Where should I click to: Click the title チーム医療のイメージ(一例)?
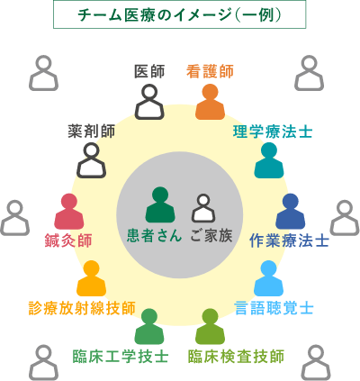(179, 14)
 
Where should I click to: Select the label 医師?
(149, 72)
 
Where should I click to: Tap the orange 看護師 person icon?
(210, 102)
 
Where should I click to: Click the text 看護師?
(210, 72)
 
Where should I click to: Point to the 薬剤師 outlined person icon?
(92, 160)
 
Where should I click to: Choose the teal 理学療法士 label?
(273, 132)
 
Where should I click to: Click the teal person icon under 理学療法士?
(269, 160)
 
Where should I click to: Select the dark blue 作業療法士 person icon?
(290, 212)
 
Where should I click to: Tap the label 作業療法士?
(289, 240)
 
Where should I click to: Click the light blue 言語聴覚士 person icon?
(268, 278)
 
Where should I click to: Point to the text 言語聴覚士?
(274, 308)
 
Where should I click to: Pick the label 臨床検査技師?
(236, 357)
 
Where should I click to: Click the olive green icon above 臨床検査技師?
(210, 327)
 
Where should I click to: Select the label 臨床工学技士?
(121, 357)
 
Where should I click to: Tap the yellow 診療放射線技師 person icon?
(91, 278)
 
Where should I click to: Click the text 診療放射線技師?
(82, 308)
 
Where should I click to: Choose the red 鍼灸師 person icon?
(69, 212)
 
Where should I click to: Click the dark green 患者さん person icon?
(160, 204)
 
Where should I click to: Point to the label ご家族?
(211, 235)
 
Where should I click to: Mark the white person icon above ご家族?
(203, 208)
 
